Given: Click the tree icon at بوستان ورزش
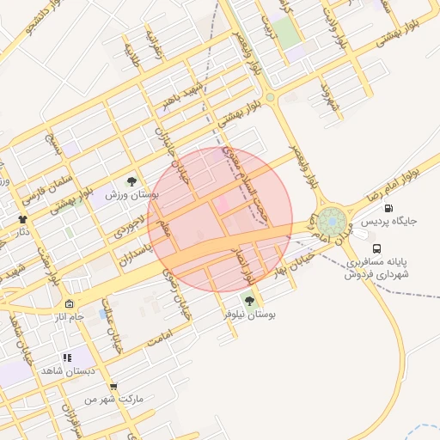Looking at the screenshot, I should point(131,181).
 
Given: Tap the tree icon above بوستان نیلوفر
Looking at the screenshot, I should point(249,301).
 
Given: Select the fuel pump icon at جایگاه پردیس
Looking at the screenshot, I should point(388,208).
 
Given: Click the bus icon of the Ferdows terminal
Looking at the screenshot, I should point(378,247).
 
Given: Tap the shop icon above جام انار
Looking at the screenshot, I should point(69,304).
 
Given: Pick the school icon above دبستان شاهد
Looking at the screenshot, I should point(66,357).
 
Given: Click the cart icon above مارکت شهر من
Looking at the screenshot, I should point(113,387).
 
